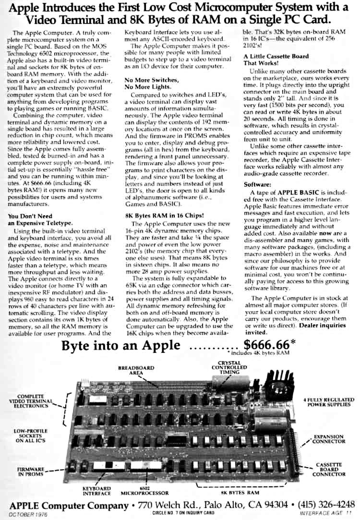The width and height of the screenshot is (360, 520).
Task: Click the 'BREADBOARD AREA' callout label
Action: [136, 370]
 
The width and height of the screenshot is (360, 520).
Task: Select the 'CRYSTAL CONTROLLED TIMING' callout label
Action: [229, 367]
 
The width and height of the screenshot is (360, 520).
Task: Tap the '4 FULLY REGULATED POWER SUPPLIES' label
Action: [329, 402]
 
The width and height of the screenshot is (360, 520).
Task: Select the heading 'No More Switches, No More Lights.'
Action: [151, 83]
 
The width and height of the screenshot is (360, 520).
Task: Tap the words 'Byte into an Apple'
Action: [121, 346]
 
